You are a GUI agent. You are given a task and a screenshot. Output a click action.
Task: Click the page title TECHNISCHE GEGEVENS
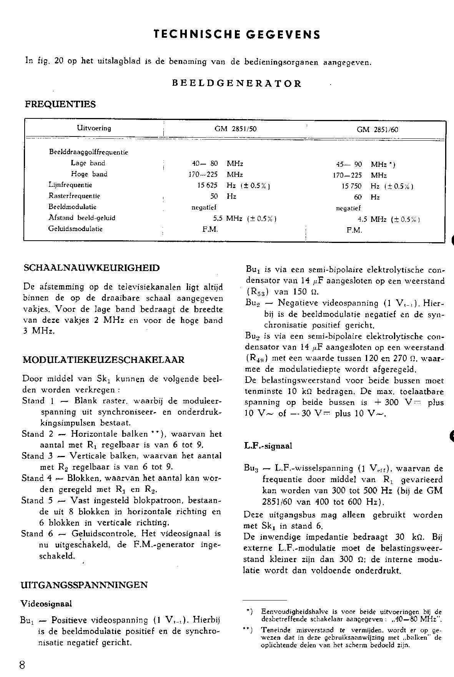(236, 35)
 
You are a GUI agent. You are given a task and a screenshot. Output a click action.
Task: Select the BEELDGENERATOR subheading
(237, 83)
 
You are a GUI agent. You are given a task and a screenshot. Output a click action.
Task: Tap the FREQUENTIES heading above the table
(60, 104)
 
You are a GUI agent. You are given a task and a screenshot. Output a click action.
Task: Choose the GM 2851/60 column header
(377, 130)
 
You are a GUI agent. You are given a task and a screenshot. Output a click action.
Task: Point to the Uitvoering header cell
(94, 128)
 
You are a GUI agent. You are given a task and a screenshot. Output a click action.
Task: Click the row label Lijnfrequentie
(70, 185)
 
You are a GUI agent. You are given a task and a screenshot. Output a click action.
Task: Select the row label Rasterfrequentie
(74, 196)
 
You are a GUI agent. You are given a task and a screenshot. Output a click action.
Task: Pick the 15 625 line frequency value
(208, 185)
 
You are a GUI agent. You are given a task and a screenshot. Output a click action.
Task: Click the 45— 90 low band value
(349, 165)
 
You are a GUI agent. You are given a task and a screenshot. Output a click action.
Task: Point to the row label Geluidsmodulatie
(75, 229)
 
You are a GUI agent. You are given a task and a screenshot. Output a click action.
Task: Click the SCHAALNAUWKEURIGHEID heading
(91, 268)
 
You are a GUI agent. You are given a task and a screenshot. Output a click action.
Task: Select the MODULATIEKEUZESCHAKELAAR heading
(104, 360)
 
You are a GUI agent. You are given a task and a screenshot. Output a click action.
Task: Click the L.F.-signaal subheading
(268, 446)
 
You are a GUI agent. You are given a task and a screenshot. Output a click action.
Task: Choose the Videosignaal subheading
(46, 604)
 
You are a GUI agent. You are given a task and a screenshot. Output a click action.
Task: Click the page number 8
(22, 665)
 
